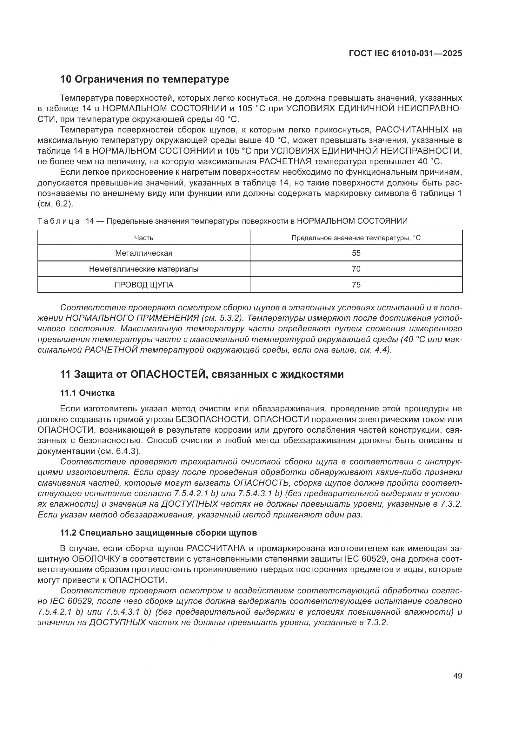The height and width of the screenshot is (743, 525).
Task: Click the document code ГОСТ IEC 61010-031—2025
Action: pos(405,54)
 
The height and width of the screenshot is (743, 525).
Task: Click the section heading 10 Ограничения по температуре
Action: pos(144,79)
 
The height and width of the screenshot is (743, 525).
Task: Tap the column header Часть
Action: pos(143,238)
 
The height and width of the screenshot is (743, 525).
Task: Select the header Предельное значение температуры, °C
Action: pos(356,238)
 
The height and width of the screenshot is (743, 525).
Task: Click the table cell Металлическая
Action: pos(143,253)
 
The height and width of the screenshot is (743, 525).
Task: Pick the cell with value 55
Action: pos(356,253)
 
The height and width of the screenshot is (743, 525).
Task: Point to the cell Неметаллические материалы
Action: pos(143,269)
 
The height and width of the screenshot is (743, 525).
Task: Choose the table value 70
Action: pos(356,269)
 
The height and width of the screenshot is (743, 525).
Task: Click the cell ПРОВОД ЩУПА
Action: pos(143,285)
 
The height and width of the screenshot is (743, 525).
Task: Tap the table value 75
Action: pos(356,285)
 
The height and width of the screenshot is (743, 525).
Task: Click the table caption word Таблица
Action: pos(58,221)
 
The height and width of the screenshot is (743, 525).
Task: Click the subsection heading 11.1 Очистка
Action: pos(87,393)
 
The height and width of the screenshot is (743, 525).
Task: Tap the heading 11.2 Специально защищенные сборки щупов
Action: pos(158,533)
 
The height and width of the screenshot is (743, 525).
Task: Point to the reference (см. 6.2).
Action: pos(55,204)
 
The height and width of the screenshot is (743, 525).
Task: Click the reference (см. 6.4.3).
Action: pos(117,451)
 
